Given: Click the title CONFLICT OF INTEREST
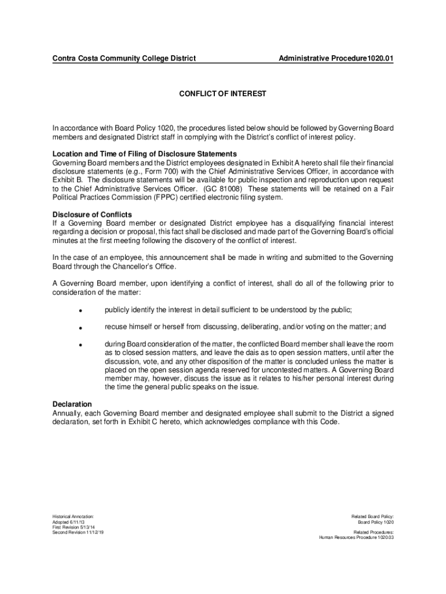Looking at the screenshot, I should coord(222,93).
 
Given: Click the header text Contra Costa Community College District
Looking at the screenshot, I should coord(124,59).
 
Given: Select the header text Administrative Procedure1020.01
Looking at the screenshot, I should coord(336,59).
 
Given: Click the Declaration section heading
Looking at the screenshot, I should coord(72,404).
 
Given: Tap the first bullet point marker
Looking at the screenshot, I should coord(81,311).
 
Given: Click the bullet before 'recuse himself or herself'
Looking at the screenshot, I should coord(81,328).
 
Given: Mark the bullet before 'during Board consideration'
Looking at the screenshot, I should coord(81,345).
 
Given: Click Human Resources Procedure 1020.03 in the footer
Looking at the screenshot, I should coord(356,537).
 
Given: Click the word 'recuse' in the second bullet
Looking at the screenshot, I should coord(116,327).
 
